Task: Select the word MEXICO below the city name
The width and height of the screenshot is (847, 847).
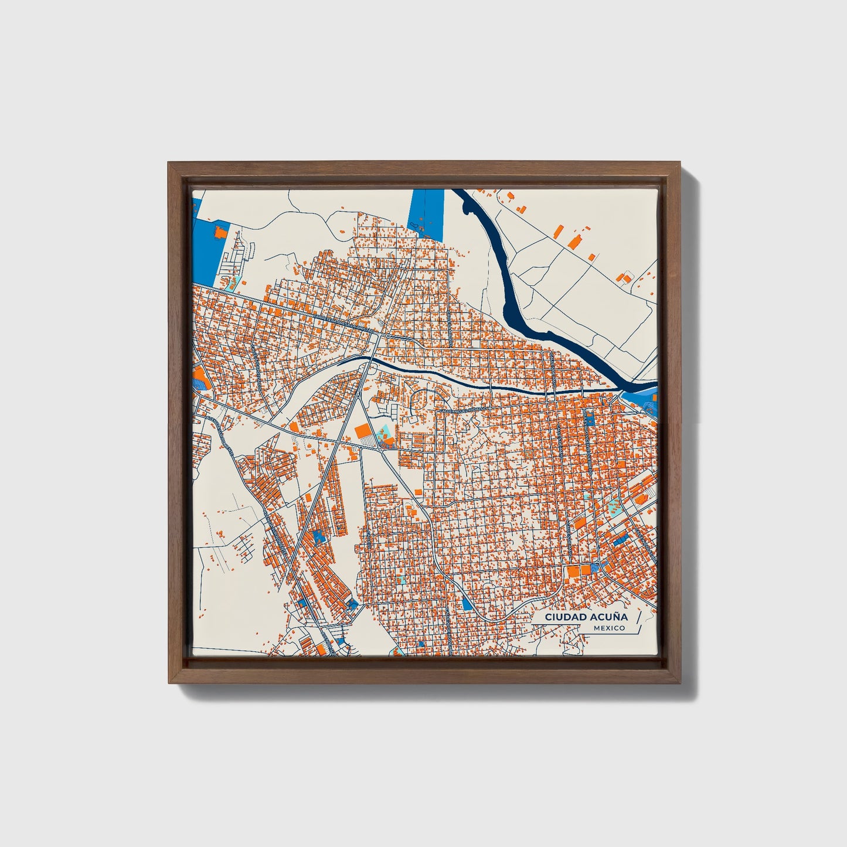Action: tap(608, 628)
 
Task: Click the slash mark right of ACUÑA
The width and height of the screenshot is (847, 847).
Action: tap(638, 618)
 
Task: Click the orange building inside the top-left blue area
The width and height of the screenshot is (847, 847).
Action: tap(220, 232)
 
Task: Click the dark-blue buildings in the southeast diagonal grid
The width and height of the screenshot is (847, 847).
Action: tap(620, 540)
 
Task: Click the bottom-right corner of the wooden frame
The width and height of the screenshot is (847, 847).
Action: tap(681, 683)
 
